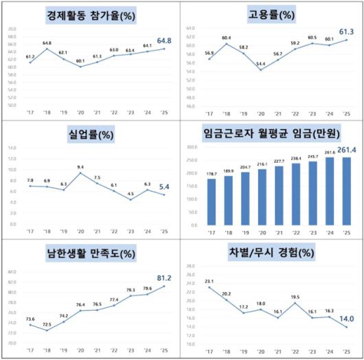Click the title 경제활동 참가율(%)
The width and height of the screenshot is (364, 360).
(x=91, y=14)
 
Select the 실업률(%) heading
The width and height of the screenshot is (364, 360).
(x=91, y=134)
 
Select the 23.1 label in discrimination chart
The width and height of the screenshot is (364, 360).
(x=210, y=280)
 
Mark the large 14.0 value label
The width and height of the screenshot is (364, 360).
(x=345, y=318)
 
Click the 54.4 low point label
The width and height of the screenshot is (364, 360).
(x=260, y=64)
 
